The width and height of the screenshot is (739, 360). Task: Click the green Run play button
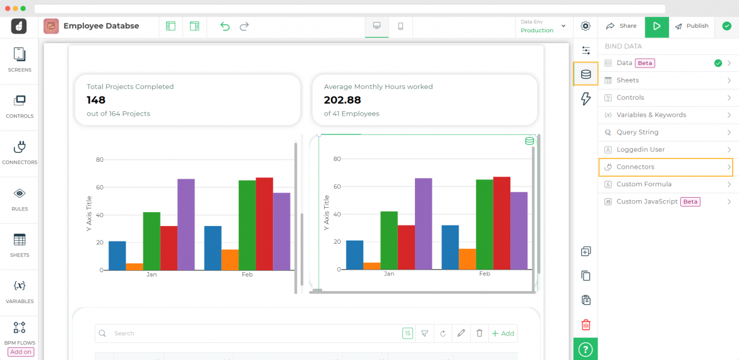[657, 27]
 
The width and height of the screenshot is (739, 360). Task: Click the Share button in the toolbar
[622, 27]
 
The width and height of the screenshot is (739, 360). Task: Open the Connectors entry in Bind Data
[666, 167]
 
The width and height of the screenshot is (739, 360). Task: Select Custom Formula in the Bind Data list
[666, 184]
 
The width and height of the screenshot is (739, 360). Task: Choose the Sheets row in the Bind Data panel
[666, 80]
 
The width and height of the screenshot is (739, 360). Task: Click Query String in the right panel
[666, 132]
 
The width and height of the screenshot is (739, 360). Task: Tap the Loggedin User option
[666, 150]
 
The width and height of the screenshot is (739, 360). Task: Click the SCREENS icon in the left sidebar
[20, 59]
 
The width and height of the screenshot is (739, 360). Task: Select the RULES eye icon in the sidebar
[20, 198]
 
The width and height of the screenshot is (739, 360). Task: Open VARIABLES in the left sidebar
[20, 291]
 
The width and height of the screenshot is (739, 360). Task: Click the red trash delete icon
[586, 325]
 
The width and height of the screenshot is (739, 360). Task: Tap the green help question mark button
[586, 349]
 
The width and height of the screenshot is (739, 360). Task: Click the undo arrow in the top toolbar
[225, 27]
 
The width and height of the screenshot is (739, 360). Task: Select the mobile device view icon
[400, 27]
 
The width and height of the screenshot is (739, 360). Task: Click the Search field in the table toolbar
[253, 333]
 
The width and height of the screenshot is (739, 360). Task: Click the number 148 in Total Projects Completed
[96, 100]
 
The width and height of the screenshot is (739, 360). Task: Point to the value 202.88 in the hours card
[342, 100]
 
